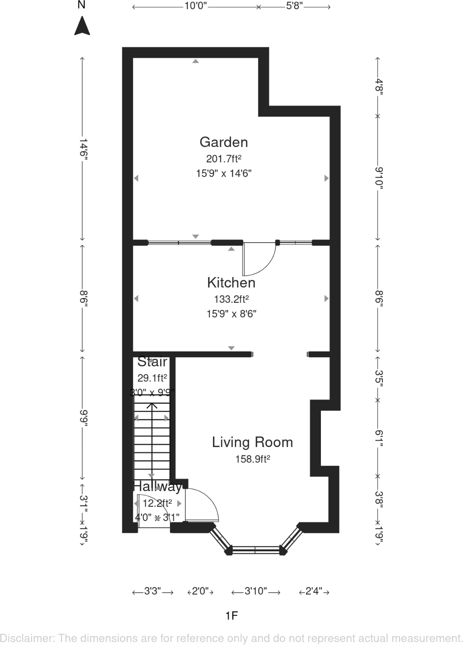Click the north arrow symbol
(82, 26)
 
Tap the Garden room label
(224, 142)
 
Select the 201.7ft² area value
(224, 158)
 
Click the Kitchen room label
(231, 283)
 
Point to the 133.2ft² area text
(231, 299)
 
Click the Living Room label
(252, 442)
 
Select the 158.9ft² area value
(252, 459)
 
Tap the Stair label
(152, 362)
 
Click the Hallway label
(157, 487)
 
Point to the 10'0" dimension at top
(196, 7)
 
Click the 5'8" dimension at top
(294, 7)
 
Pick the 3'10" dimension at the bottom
(255, 591)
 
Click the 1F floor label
(231, 615)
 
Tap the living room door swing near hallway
(202, 505)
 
